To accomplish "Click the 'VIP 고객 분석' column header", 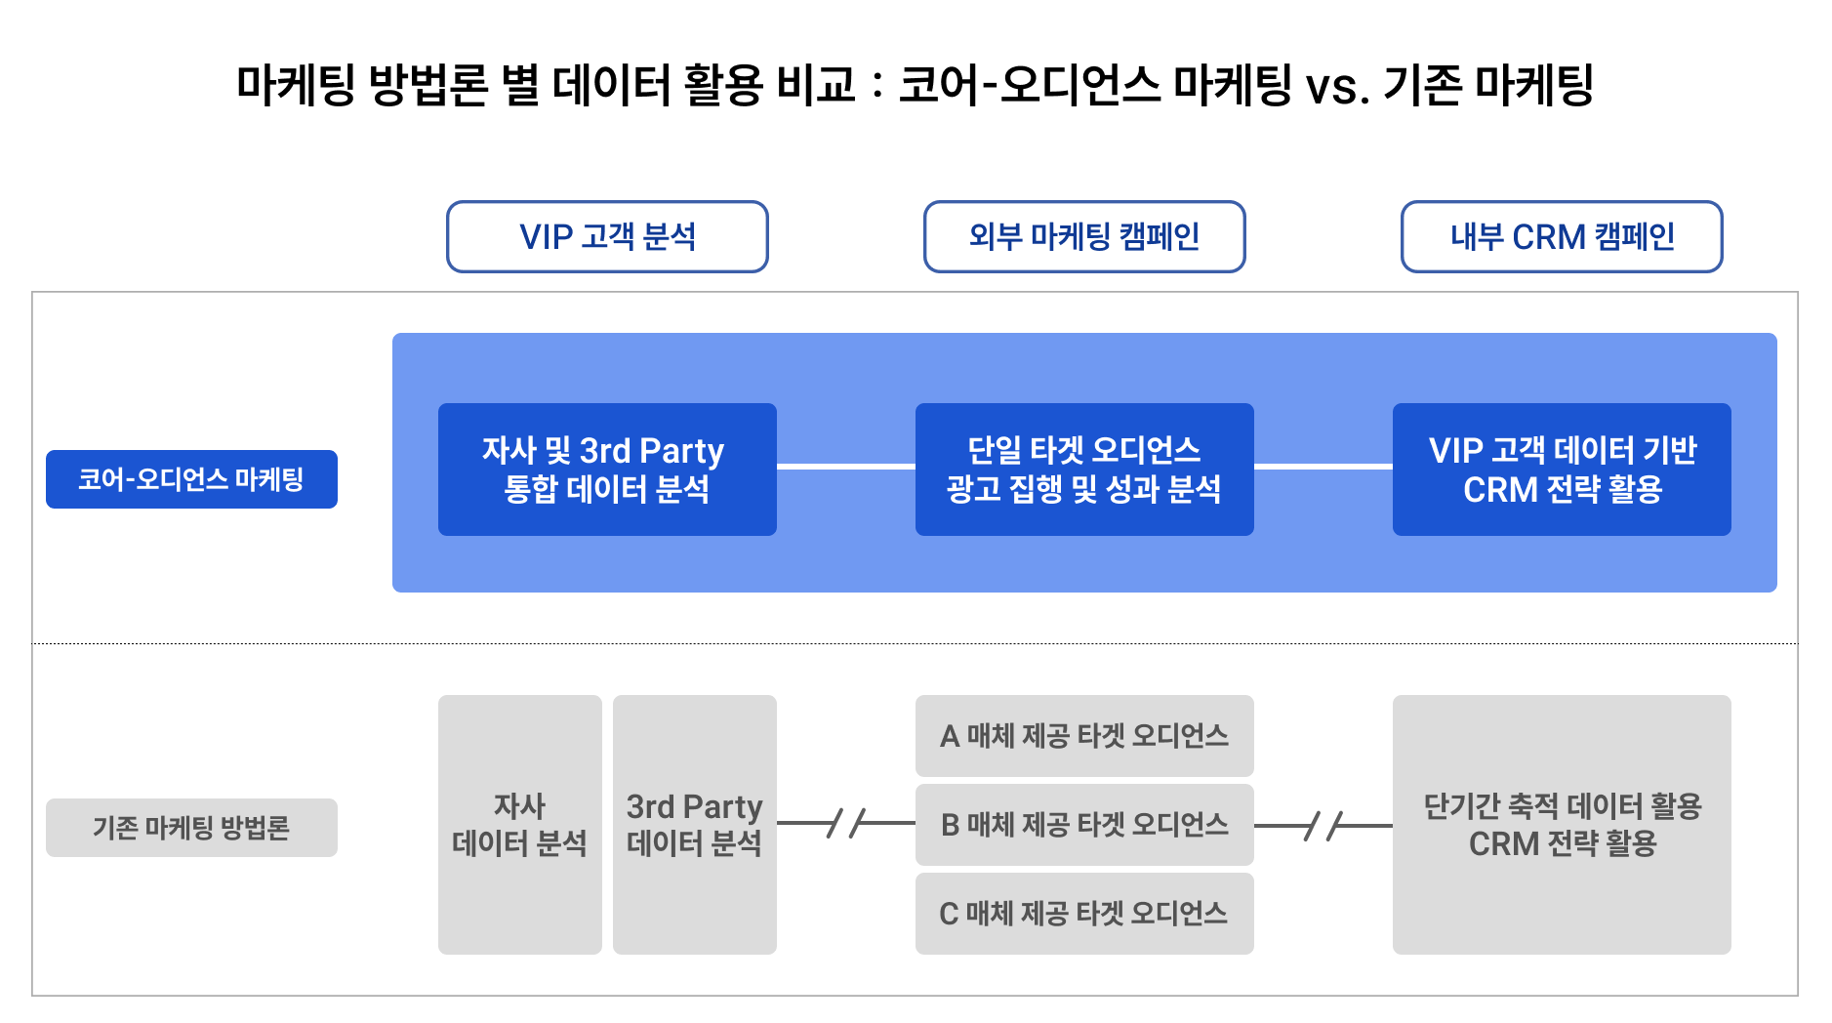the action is [x=607, y=236].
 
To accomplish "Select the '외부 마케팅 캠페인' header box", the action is [x=1084, y=236].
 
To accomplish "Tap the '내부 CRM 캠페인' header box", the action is [x=1562, y=236].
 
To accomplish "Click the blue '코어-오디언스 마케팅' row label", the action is [x=191, y=479].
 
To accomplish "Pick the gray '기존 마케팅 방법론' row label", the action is [x=191, y=828].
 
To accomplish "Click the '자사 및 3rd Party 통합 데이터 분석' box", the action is [x=607, y=470].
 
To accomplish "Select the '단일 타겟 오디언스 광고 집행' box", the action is [x=1084, y=470].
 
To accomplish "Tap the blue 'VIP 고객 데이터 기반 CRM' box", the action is [x=1562, y=470].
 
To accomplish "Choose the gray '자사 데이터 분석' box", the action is [x=520, y=825].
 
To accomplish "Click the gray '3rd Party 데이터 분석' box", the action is [x=695, y=825].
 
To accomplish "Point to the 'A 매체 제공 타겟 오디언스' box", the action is [x=1084, y=736].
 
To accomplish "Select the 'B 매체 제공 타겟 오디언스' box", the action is [x=1084, y=825].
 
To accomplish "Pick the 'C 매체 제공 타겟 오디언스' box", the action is [x=1084, y=914].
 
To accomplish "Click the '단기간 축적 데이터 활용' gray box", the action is [x=1562, y=825].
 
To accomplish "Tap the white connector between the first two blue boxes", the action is [x=846, y=467].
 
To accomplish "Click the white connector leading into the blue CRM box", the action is [x=1323, y=467].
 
